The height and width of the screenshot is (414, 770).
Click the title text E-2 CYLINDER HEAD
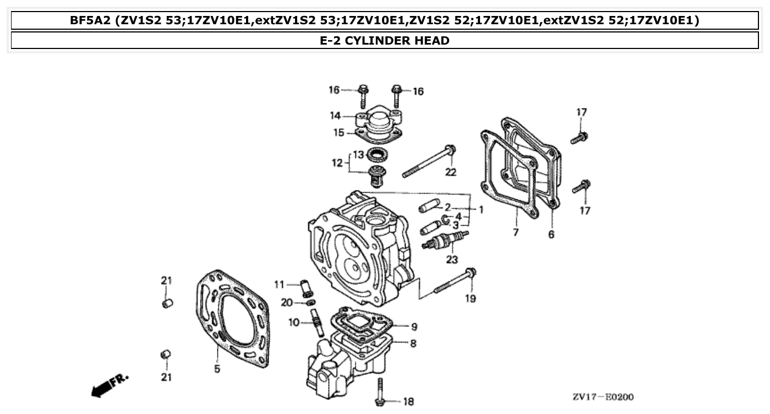click(x=384, y=40)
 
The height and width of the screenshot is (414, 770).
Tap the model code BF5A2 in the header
click(x=91, y=21)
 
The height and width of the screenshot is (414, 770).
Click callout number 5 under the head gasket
click(x=217, y=369)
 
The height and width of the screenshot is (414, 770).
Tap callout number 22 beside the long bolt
click(x=451, y=172)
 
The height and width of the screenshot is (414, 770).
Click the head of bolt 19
click(x=471, y=272)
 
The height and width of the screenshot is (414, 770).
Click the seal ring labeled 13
click(x=376, y=154)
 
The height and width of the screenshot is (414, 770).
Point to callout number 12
click(x=337, y=163)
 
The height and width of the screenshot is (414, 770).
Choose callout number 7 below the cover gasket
click(x=516, y=232)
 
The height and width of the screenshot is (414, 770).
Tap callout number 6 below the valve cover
click(x=551, y=235)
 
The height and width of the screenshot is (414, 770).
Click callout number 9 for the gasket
click(x=414, y=326)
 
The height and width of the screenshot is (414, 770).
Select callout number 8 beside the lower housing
click(x=413, y=344)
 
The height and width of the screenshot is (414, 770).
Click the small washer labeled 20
click(x=310, y=303)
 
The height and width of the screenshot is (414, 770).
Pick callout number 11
click(x=280, y=285)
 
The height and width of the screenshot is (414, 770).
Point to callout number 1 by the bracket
click(x=480, y=210)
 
